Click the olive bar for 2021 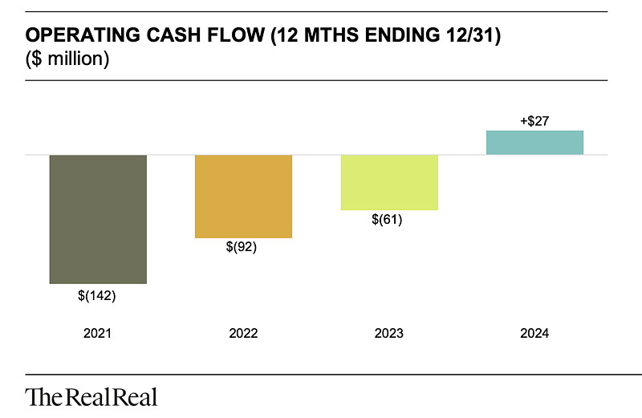coord(98,219)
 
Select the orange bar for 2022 coord(244,196)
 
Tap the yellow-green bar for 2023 coord(389,182)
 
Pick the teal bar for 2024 coord(535,142)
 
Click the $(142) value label coord(98,296)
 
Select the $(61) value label coord(389,220)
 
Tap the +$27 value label coord(535,121)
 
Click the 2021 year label coord(98,333)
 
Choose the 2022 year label coord(244,333)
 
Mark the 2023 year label coord(389,333)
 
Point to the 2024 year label coord(535,333)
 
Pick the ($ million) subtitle coord(67,59)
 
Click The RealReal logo coord(91,396)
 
